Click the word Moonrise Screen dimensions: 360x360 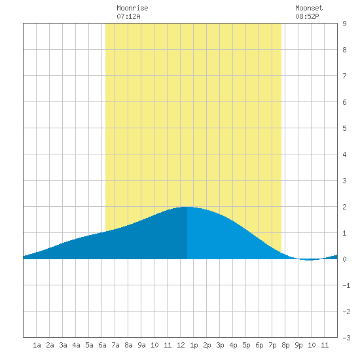(x=132, y=8)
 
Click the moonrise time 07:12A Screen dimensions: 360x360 (x=128, y=16)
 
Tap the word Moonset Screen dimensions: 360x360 (x=309, y=8)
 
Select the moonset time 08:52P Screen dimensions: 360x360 (x=307, y=16)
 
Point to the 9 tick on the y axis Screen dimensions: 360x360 (x=344, y=24)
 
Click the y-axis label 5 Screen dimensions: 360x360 (x=344, y=128)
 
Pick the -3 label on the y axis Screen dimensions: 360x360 (x=346, y=338)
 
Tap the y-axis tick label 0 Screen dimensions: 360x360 (x=344, y=259)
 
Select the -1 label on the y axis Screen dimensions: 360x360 (x=346, y=285)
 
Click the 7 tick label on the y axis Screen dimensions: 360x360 (x=344, y=76)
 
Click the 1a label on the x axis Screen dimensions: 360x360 (x=37, y=345)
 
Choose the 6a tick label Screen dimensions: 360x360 (x=102, y=345)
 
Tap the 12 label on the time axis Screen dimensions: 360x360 (x=181, y=345)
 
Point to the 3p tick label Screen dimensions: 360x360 (x=220, y=345)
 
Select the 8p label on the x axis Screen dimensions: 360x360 (x=285, y=345)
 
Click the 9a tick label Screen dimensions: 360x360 (x=141, y=345)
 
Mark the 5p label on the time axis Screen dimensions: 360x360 (x=246, y=345)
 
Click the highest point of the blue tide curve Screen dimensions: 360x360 (x=187, y=207)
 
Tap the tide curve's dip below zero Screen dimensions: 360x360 (x=310, y=260)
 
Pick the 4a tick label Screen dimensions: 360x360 (x=76, y=345)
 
